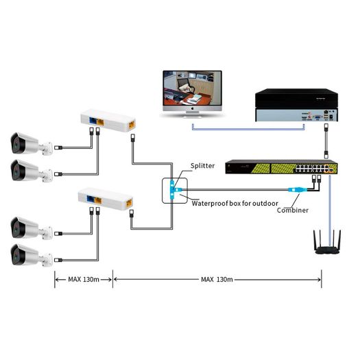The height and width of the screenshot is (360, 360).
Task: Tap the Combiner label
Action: point(293,210)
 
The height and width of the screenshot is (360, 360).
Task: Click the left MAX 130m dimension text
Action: point(82,280)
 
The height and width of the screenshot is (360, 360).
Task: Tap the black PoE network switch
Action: point(281,167)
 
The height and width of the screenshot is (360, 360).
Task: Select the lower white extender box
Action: point(108,200)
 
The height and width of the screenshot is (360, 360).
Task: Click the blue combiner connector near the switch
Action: point(294,190)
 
